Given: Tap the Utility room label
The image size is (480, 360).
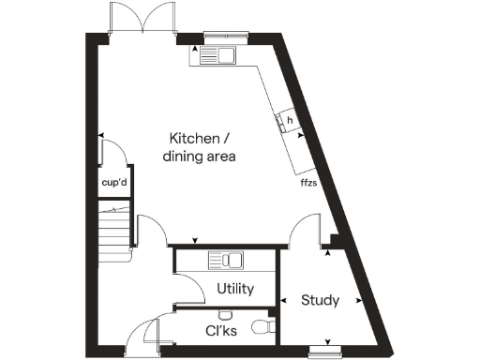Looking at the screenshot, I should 234,289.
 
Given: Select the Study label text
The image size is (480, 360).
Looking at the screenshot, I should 320,301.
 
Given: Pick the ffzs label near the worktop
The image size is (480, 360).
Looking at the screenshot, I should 307,182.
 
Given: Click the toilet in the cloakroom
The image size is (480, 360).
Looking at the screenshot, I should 266,327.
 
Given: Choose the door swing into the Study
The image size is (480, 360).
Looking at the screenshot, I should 305,230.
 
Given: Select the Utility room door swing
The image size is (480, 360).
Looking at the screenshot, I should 192,288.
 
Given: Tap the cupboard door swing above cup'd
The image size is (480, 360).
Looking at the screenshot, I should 112,153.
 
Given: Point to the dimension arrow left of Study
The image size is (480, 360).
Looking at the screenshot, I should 283,301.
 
